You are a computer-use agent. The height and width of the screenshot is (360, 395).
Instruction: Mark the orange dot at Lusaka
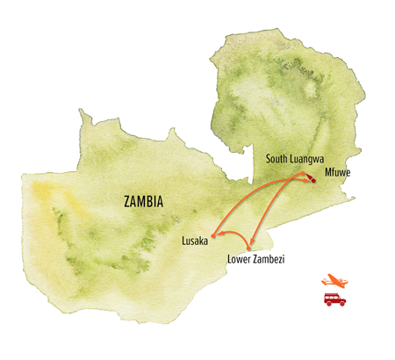pyautogui.click(x=213, y=235)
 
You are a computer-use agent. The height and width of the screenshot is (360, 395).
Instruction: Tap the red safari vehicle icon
pyautogui.click(x=334, y=300)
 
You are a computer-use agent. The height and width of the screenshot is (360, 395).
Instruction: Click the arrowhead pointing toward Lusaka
pyautogui.click(x=219, y=233)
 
